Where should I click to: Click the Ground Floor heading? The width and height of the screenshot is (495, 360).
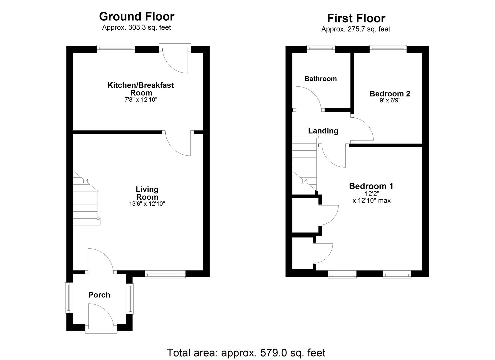(137, 16)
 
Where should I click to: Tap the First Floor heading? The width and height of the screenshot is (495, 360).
(356, 18)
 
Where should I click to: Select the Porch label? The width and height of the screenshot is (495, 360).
(99, 295)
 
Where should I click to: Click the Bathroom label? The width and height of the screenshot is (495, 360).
(320, 79)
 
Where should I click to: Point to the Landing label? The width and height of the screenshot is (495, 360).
(323, 131)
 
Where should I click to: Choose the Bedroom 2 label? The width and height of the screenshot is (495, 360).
(390, 94)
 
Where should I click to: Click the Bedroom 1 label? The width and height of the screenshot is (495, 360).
(371, 186)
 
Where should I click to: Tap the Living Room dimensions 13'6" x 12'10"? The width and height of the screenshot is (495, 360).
(147, 204)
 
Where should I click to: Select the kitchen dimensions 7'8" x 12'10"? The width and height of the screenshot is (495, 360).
(141, 99)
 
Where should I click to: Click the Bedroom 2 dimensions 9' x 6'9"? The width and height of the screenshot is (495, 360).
(390, 101)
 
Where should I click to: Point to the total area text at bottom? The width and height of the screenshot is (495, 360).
(246, 352)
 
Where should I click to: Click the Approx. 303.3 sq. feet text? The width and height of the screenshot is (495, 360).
(136, 28)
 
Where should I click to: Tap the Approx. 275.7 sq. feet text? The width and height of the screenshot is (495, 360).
(356, 29)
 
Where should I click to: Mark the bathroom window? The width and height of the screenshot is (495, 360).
(321, 49)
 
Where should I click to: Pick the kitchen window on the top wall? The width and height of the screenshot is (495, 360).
(116, 49)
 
